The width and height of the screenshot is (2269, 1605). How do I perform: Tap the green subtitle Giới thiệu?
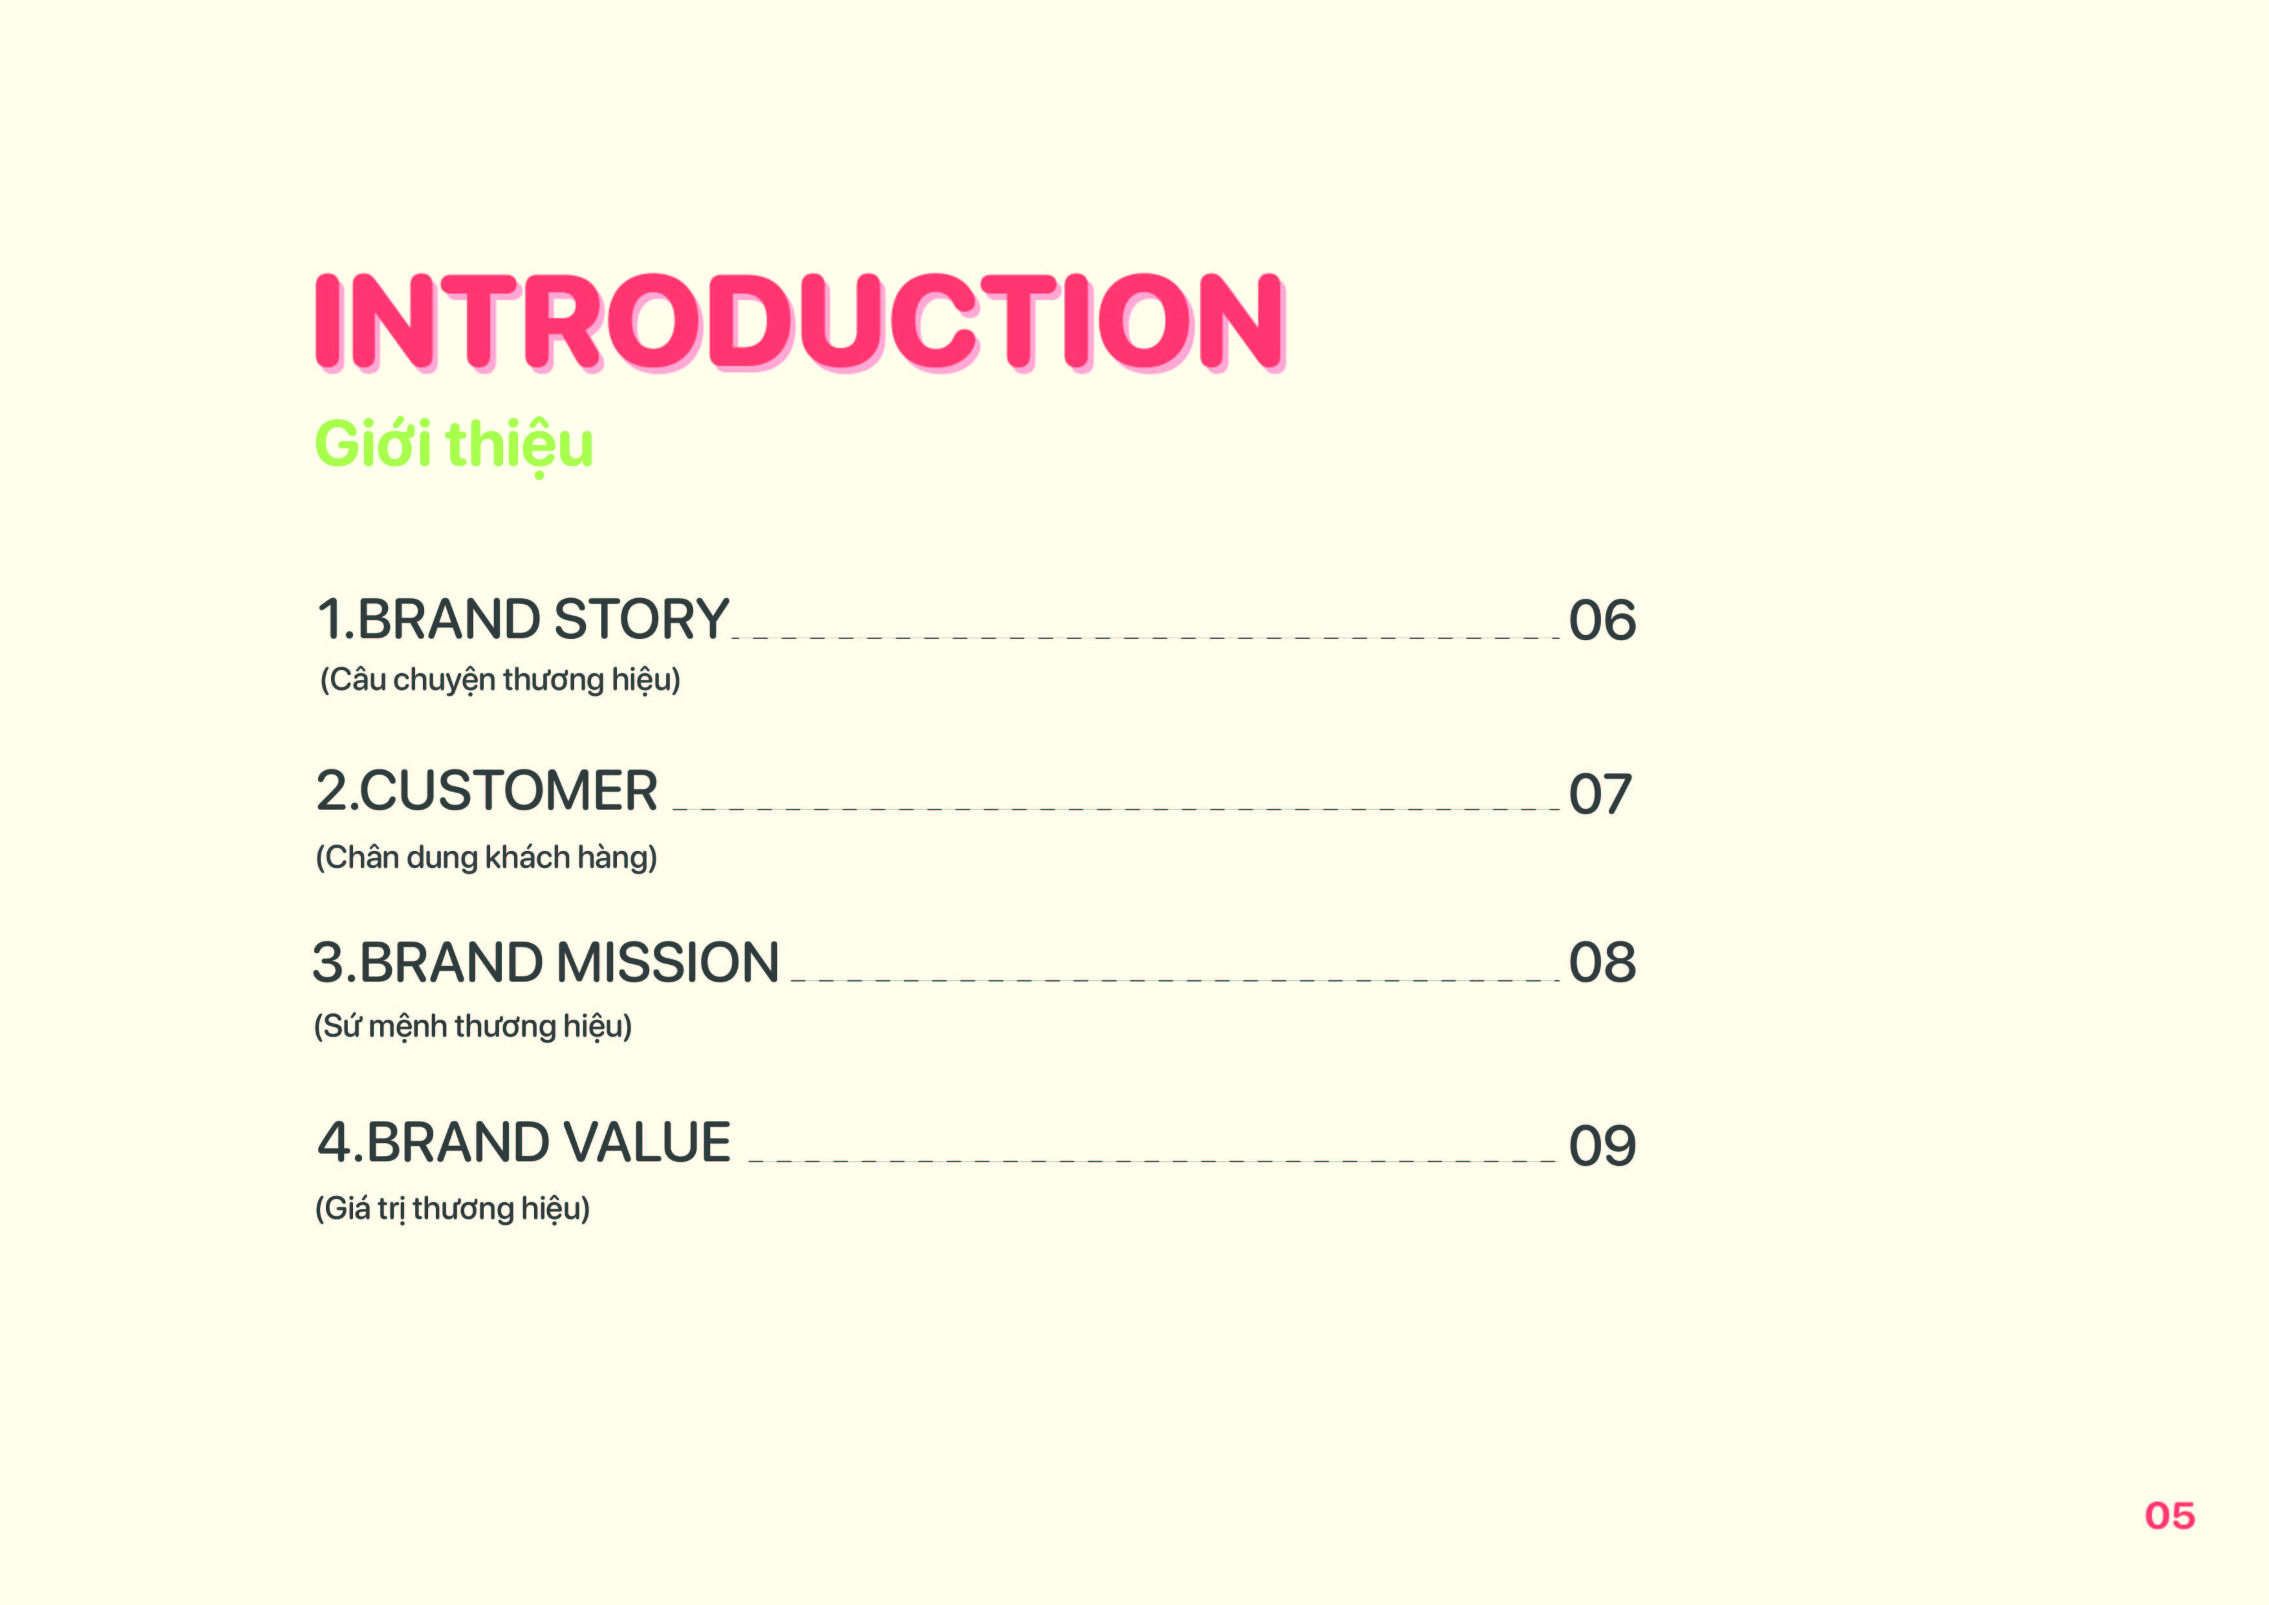[453, 445]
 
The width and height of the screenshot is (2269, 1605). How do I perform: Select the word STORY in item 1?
[641, 619]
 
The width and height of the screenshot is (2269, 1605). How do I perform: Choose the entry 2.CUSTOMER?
[486, 792]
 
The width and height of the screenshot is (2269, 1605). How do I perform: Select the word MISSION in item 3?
[668, 964]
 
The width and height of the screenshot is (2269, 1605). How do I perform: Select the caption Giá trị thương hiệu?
[451, 1209]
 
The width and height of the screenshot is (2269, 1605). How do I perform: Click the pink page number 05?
[2169, 1516]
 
